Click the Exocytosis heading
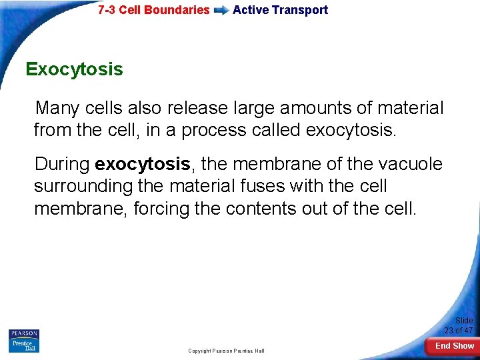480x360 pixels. (74, 69)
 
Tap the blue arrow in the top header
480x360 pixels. (221, 11)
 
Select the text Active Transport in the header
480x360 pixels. (280, 10)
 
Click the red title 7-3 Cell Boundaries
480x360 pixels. (153, 10)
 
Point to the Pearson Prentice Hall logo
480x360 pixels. (24, 341)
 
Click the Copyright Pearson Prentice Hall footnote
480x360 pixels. (226, 351)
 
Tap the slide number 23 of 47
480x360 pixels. (459, 326)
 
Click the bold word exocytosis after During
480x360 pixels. (143, 164)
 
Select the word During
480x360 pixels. (63, 164)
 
